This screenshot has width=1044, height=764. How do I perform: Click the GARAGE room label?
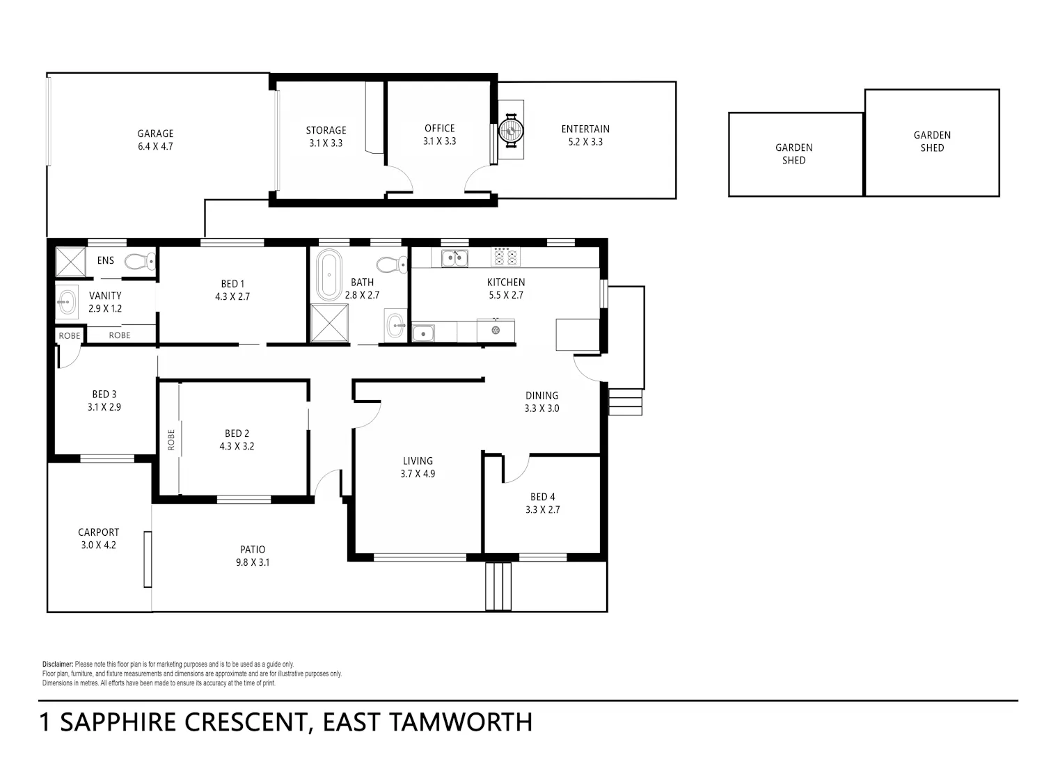(155, 134)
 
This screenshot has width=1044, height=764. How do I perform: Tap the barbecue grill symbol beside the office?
(511, 130)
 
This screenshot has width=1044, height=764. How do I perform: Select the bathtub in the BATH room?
(329, 274)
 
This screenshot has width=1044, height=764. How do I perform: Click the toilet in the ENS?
(141, 261)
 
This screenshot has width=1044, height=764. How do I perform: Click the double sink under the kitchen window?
(454, 258)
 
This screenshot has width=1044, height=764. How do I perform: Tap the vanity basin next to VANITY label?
(67, 303)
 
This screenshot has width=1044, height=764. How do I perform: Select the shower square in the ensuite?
(71, 262)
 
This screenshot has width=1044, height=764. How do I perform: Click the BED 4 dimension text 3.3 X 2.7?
(542, 509)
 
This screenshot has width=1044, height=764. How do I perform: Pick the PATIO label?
(253, 550)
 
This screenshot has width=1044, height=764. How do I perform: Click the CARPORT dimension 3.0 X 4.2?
(98, 545)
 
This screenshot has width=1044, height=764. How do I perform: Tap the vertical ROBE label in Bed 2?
(171, 440)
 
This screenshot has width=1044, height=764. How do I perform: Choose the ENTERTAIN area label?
(585, 129)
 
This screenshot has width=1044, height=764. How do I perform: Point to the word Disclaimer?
(58, 664)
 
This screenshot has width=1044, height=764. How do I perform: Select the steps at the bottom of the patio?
(498, 587)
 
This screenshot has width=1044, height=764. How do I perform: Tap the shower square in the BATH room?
(329, 323)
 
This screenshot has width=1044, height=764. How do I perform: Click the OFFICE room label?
(439, 129)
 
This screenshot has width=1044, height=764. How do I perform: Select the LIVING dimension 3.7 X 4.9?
(418, 474)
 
